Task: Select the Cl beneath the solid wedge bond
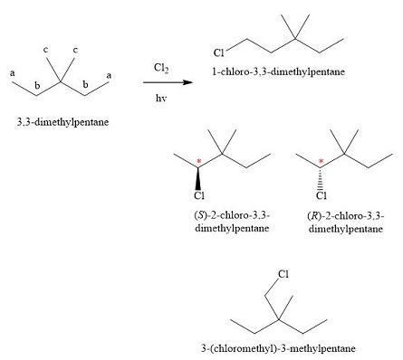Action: (x=197, y=194)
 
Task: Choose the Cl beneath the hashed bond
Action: (x=321, y=194)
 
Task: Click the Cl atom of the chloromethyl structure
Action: (x=283, y=272)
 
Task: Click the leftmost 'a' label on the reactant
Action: (x=13, y=72)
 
